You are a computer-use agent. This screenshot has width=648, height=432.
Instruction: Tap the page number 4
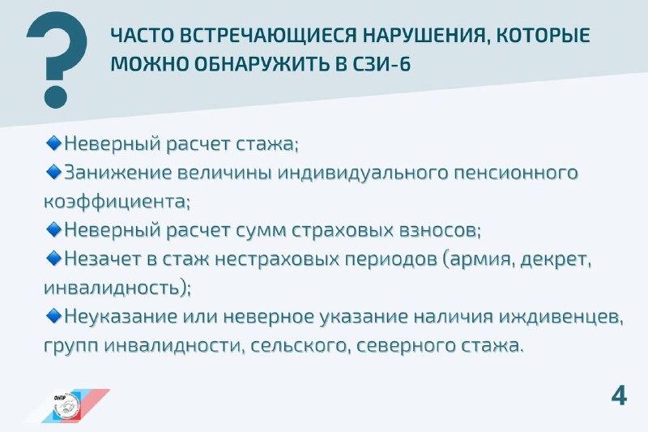click(x=619, y=396)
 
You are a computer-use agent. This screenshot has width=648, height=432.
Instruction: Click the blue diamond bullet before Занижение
click(x=53, y=172)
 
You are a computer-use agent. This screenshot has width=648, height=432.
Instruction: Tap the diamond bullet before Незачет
click(x=53, y=258)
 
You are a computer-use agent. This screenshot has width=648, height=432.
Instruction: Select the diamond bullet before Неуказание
click(x=53, y=316)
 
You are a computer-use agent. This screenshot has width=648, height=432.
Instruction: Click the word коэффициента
click(x=116, y=202)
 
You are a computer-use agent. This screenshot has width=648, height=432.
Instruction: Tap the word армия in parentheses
click(x=481, y=259)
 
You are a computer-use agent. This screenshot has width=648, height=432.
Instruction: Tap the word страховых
click(x=342, y=231)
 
